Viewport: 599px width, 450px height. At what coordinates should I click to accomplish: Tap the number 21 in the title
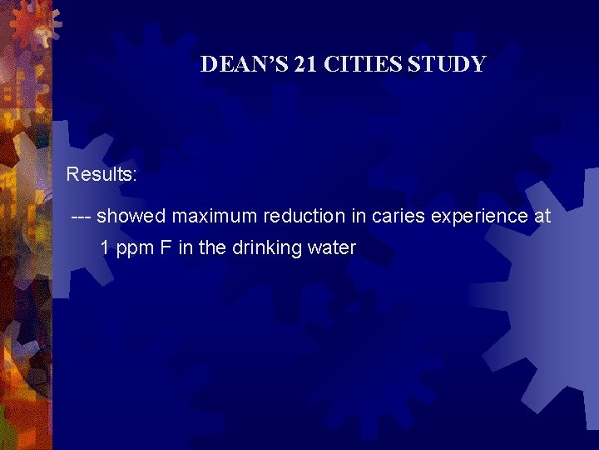(305, 64)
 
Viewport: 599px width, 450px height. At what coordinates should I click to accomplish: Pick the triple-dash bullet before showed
(82, 217)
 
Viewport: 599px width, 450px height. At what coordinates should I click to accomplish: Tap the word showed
(133, 217)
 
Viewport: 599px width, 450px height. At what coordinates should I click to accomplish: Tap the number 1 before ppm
(105, 247)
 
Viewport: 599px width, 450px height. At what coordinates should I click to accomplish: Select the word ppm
(133, 249)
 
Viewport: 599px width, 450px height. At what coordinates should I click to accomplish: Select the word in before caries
(359, 217)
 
